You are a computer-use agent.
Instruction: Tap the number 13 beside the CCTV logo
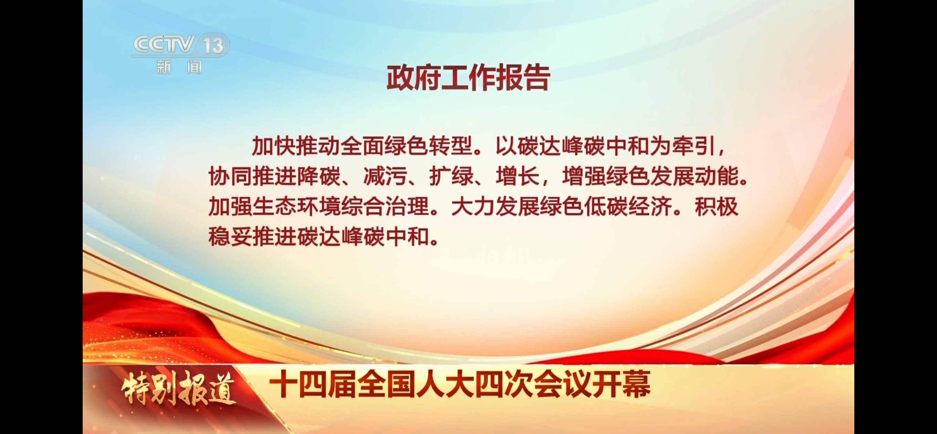(x=214, y=46)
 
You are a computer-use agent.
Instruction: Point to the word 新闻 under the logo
(x=179, y=67)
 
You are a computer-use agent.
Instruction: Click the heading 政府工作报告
(x=468, y=78)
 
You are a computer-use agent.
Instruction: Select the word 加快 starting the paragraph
(x=274, y=146)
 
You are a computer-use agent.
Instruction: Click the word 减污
(x=385, y=176)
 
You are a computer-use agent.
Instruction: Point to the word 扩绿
(x=451, y=176)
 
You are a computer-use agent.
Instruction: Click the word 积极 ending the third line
(x=716, y=207)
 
